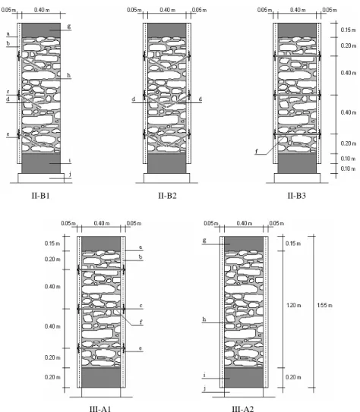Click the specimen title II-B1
pos(41,196)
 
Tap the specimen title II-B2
pos(167,196)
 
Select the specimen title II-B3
pos(297,196)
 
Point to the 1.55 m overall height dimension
pos(324,305)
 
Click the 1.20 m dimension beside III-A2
pos(293,305)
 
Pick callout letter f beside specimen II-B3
pos(257,151)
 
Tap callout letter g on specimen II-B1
pos(69,27)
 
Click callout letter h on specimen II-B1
pos(69,75)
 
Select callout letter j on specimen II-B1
pos(70,174)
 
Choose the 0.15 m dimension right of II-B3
pos(349,30)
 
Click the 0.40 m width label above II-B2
pos(167,10)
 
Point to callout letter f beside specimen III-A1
pos(141,322)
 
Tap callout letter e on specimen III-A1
pos(141,348)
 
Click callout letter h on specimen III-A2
pos(204,319)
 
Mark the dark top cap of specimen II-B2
pos(167,30)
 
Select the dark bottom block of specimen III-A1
pos(101,377)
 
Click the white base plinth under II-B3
pos(297,178)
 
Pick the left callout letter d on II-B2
pos(134,99)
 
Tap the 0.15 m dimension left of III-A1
pos(52,244)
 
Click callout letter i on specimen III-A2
pos(204,376)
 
